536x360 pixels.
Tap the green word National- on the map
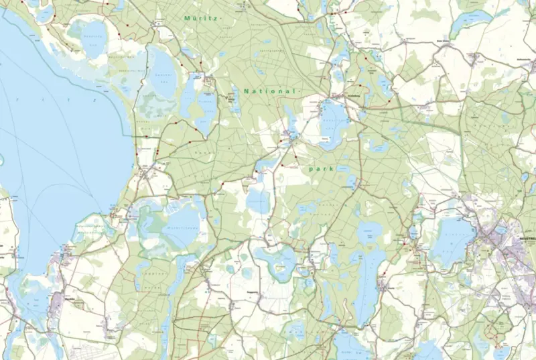(x=269, y=91)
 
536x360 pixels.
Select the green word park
(x=322, y=170)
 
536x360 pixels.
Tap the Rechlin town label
(x=67, y=298)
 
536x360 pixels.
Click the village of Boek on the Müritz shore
(x=143, y=172)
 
